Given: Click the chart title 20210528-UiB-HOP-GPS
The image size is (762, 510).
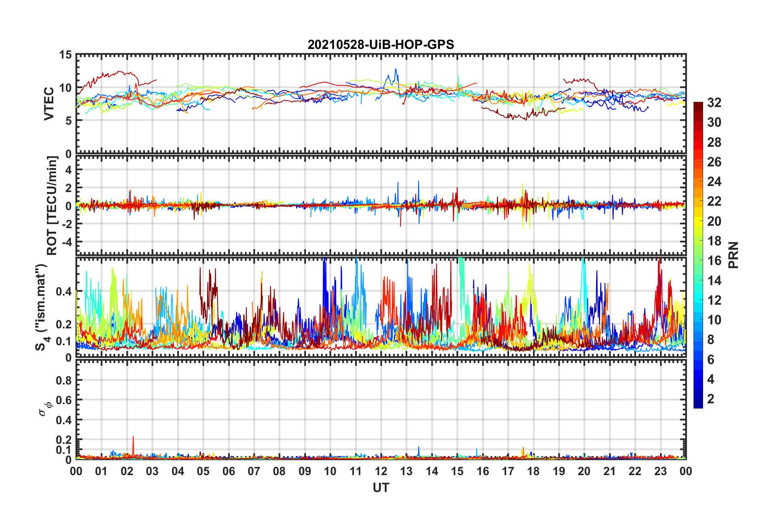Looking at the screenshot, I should coord(381,45).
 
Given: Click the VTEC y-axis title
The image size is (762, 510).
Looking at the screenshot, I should coord(49,103).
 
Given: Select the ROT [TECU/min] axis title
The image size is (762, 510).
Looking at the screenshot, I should coord(52,206).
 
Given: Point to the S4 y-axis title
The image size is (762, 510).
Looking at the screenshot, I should coord(42,308).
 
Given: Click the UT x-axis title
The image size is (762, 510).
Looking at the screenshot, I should coord(381,488).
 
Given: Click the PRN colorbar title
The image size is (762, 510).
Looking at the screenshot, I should coord(733,255).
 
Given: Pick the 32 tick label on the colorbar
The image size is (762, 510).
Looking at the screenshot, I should coord(714,103).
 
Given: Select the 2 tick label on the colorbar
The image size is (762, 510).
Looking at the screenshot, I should coord(711,399).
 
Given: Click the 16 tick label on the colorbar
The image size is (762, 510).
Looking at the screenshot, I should coord(714,261).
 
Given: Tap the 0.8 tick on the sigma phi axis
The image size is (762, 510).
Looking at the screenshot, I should coord(64,380).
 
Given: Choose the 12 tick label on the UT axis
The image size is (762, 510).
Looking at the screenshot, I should coord(381,471).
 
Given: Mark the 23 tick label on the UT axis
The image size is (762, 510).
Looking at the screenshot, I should coord(660,471).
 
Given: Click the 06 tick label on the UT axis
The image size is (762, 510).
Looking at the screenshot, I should coord(228,471).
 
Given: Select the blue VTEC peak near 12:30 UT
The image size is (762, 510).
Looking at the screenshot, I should coord(396,70).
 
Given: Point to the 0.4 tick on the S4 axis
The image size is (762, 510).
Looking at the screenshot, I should coord(64,291).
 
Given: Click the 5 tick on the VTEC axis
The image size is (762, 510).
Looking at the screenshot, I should coord(69,121).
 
